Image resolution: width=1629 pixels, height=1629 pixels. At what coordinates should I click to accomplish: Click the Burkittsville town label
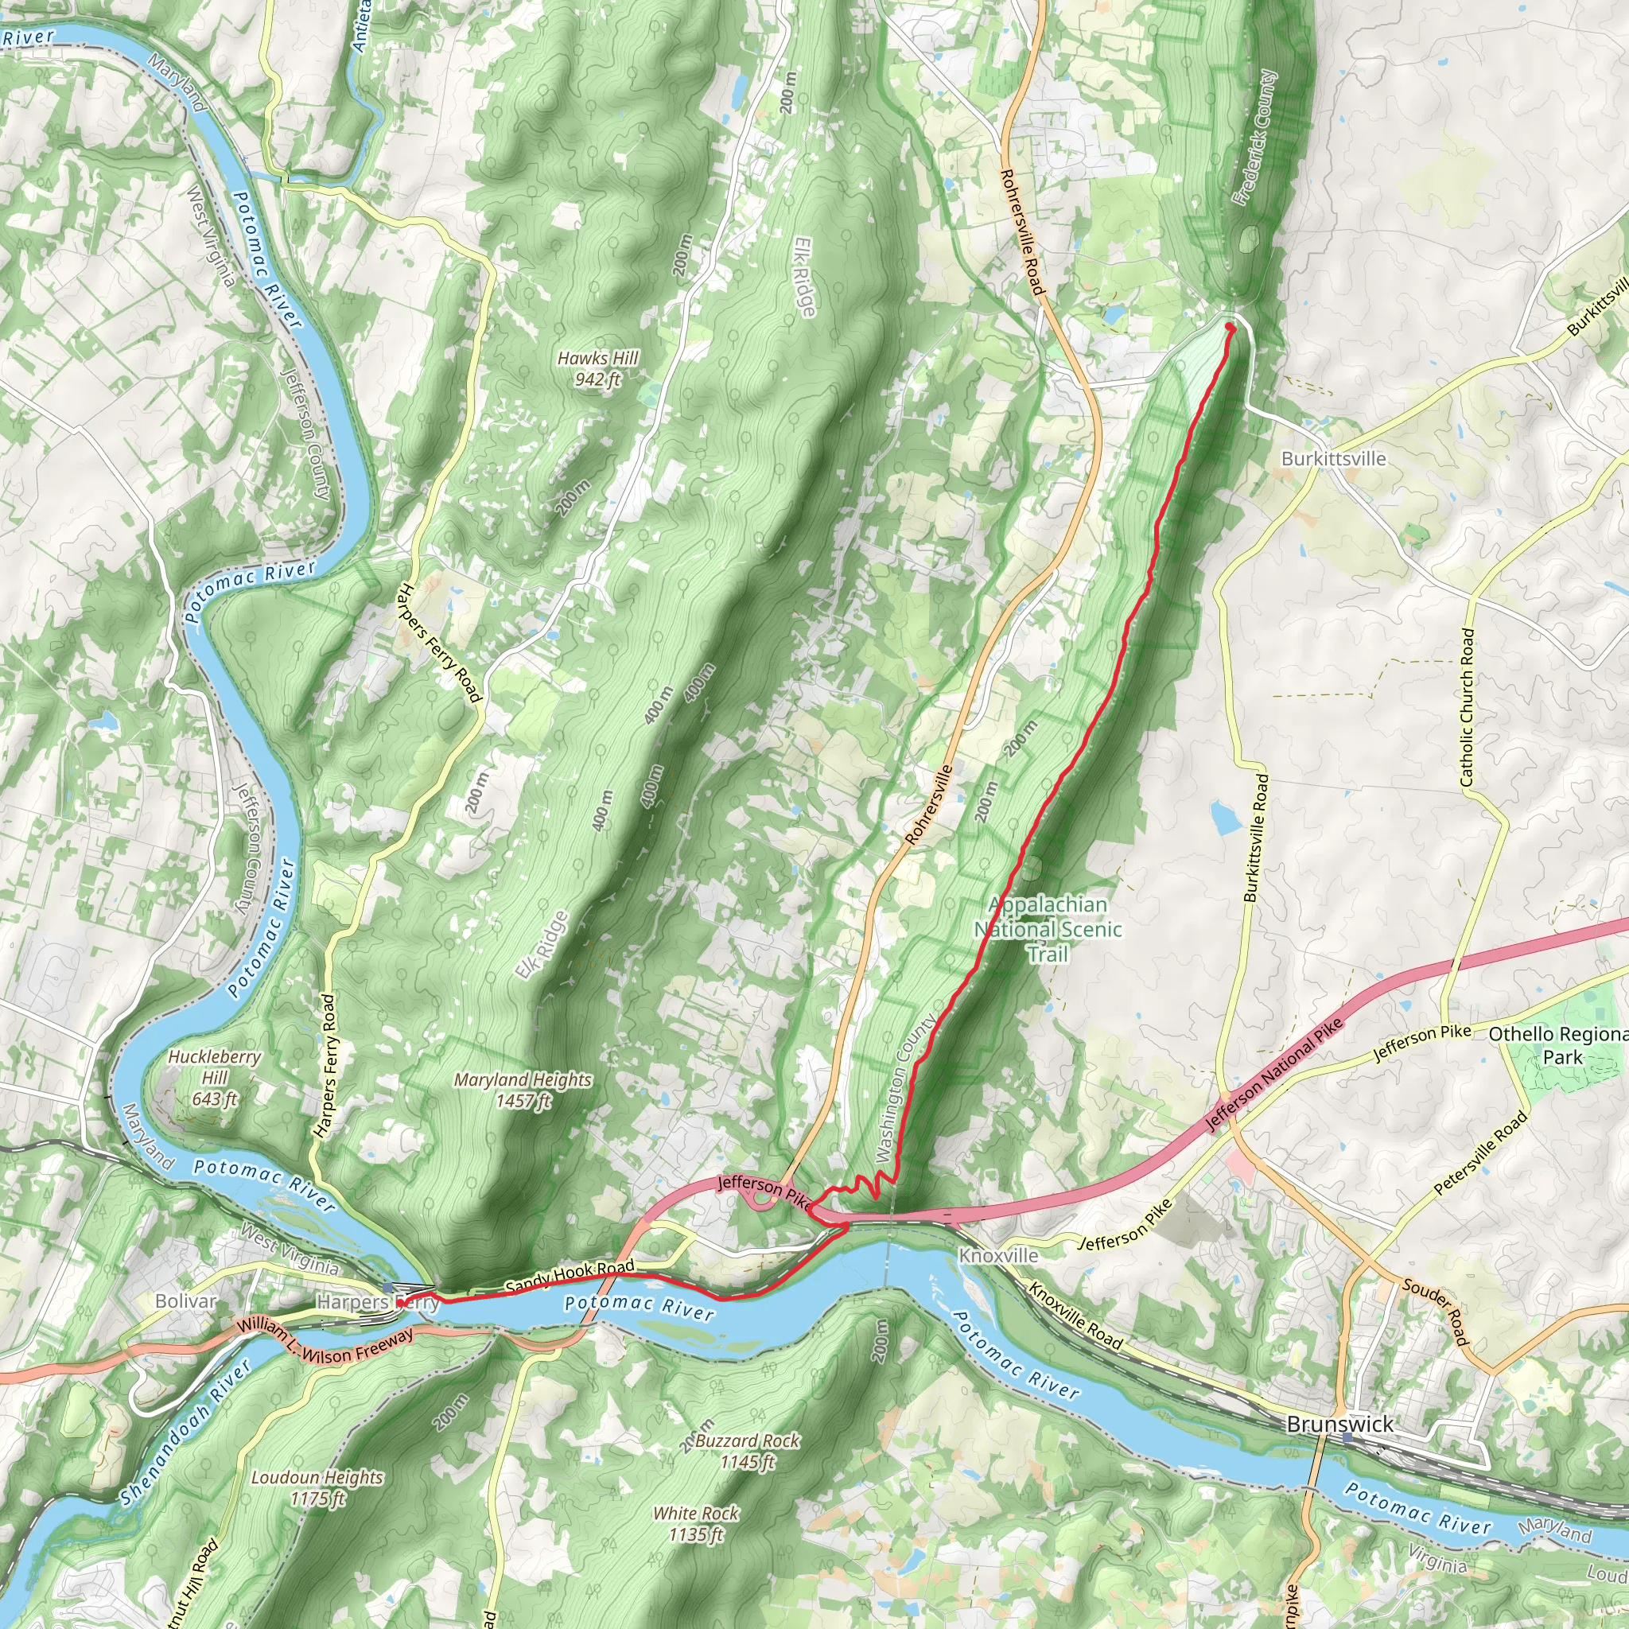tap(1333, 459)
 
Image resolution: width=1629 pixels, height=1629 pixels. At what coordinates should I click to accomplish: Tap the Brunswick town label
tap(1339, 1424)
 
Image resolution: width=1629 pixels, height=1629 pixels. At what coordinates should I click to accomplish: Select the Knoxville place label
tap(998, 1255)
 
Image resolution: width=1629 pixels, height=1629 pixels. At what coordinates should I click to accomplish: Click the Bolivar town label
tap(185, 1301)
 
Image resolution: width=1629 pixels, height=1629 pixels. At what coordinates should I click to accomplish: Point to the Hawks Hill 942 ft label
tap(597, 368)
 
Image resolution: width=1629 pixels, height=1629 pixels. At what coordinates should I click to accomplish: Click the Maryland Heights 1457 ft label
tap(523, 1090)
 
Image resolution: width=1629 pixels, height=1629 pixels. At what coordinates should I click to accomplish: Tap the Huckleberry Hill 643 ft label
tap(214, 1078)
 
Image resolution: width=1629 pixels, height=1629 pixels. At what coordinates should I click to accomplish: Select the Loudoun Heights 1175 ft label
tap(317, 1487)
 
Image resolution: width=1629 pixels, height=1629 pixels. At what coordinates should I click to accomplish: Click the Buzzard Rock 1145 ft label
tap(747, 1450)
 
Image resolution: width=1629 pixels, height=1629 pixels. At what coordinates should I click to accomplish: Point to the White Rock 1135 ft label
tap(696, 1523)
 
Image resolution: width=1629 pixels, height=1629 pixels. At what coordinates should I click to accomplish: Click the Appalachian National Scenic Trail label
tap(1048, 929)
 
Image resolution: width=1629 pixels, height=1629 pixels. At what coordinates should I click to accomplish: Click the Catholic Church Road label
tap(1467, 708)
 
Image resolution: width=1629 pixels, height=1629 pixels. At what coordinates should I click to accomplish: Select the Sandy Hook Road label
tap(570, 1277)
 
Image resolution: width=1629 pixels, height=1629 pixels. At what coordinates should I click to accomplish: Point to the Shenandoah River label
tap(185, 1433)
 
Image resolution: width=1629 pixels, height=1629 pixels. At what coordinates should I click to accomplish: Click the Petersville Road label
tap(1480, 1153)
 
